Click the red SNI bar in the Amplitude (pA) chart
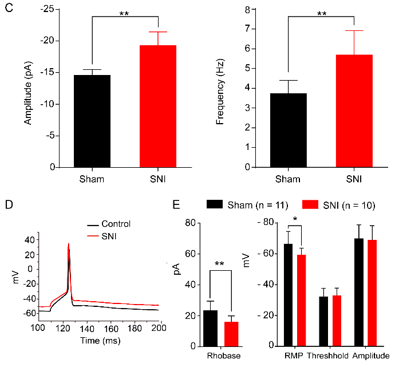(157, 106)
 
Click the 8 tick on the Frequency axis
(249, 10)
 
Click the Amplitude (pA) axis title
(27, 89)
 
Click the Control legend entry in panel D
(114, 224)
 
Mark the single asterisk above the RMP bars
(294, 219)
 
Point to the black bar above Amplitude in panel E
(359, 292)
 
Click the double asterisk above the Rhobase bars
(219, 265)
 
